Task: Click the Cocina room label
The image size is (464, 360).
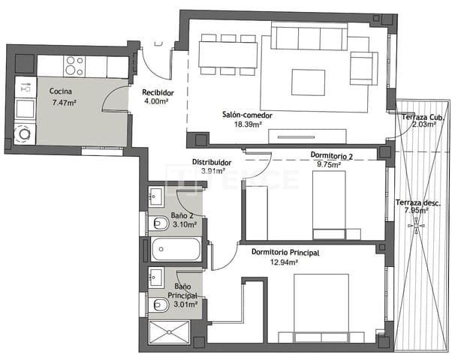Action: tap(61, 91)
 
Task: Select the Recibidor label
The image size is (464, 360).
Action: tap(158, 92)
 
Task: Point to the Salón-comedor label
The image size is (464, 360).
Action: tap(246, 115)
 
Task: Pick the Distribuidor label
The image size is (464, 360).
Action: tap(211, 162)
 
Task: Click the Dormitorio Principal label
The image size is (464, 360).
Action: tap(285, 253)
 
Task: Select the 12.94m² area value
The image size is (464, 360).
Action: tap(285, 262)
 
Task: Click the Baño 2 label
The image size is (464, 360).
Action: tap(182, 215)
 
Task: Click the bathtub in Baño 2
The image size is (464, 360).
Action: tap(176, 249)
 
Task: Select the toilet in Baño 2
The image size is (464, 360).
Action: tap(159, 223)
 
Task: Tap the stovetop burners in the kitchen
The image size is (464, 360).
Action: tap(74, 66)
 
